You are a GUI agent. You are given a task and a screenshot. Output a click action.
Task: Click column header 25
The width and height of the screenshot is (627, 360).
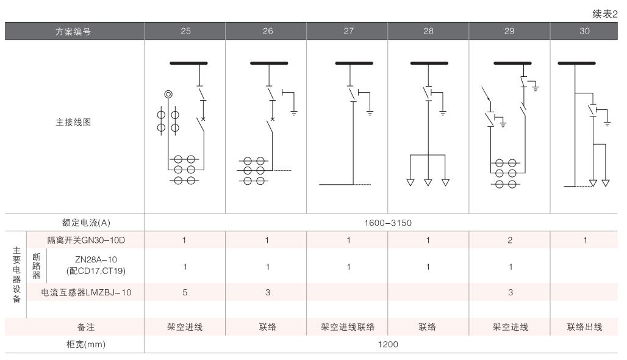click(185, 31)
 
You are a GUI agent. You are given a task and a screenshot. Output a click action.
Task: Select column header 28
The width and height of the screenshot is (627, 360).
click(428, 31)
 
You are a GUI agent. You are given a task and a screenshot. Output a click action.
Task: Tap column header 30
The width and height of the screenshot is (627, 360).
click(584, 31)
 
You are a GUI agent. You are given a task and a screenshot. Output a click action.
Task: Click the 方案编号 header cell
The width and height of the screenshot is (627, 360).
click(74, 32)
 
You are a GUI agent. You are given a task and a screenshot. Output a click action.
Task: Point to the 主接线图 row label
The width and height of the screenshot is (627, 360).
click(74, 122)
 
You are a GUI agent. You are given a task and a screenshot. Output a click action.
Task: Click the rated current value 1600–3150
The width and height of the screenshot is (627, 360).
click(387, 223)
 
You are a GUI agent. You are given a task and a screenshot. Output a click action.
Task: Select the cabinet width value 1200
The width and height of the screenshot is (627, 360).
click(387, 344)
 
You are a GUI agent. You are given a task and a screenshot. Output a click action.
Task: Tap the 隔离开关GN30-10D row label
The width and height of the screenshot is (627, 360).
click(82, 240)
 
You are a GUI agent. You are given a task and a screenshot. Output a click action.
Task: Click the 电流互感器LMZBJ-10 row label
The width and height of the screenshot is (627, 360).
click(86, 293)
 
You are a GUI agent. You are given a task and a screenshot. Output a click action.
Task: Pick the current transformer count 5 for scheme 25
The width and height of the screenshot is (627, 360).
click(185, 293)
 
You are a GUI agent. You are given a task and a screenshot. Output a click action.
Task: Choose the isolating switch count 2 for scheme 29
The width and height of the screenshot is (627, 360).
click(509, 240)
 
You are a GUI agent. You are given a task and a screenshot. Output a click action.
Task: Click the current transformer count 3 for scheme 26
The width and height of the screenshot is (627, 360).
click(266, 293)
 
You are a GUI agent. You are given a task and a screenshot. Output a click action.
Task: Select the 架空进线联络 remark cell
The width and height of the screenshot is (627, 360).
click(348, 327)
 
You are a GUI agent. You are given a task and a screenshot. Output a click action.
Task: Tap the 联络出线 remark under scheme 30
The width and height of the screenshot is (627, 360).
click(584, 327)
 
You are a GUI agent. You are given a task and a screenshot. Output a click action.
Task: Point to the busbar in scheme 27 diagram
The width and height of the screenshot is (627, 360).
click(354, 63)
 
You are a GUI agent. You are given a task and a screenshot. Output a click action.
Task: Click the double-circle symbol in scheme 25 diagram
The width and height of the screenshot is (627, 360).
click(168, 94)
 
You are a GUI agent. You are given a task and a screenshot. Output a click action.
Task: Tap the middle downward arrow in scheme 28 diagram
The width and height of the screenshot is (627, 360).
click(428, 182)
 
